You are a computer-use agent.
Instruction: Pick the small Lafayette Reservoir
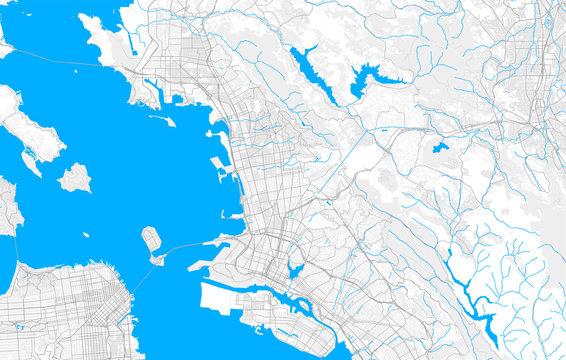pos(440,148)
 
